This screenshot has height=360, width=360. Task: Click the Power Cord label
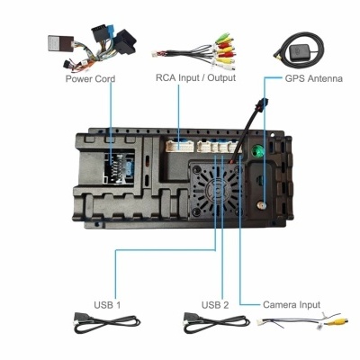pyautogui.click(x=90, y=79)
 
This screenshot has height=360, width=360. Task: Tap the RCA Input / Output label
pyautogui.click(x=195, y=77)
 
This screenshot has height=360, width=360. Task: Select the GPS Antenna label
pyautogui.click(x=313, y=78)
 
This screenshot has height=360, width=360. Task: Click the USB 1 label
pyautogui.click(x=107, y=305)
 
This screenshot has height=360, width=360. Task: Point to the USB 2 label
pyautogui.click(x=215, y=305)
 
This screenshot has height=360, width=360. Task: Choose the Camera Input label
pyautogui.click(x=292, y=305)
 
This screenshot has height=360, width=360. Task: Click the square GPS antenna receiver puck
pyautogui.click(x=301, y=53)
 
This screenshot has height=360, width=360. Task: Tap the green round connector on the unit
pyautogui.click(x=257, y=150)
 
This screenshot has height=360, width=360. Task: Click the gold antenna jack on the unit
pyautogui.click(x=262, y=205)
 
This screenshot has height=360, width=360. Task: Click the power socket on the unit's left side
pyautogui.click(x=119, y=167)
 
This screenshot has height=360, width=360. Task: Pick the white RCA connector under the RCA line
pyautogui.click(x=179, y=146)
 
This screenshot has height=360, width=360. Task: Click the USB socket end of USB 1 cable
pyautogui.click(x=80, y=318)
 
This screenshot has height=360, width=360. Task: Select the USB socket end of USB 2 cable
pyautogui.click(x=190, y=318)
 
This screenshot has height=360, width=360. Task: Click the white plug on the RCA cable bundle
pyautogui.click(x=156, y=54)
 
